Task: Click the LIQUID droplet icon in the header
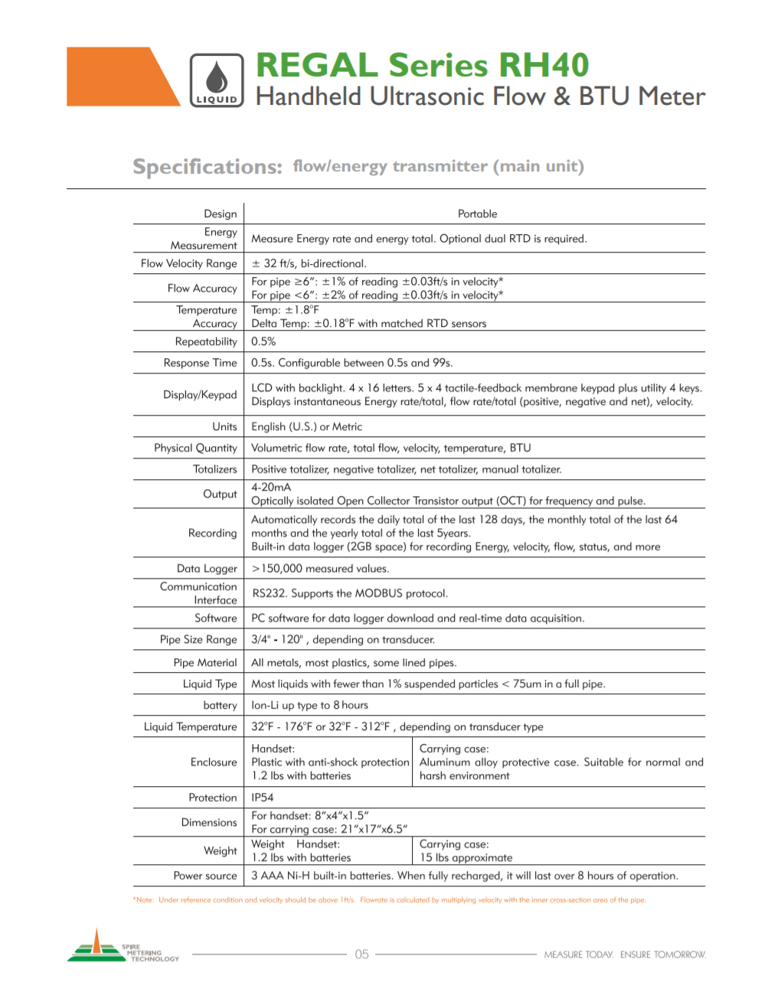tap(217, 80)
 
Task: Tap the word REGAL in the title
tap(318, 66)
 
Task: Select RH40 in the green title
tap(544, 66)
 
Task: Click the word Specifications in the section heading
tap(208, 167)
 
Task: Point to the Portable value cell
tap(477, 214)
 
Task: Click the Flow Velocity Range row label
tap(189, 263)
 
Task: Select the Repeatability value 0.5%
tap(263, 341)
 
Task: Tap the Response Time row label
tap(200, 363)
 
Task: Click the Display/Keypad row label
tap(200, 395)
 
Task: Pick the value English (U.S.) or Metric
tap(307, 427)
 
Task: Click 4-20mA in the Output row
tap(271, 488)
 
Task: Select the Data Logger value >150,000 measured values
tap(320, 569)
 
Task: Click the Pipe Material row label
tap(205, 663)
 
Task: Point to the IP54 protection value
tap(263, 798)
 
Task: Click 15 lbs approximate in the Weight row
tap(466, 858)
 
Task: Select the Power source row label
tap(205, 876)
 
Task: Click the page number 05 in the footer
tap(362, 954)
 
